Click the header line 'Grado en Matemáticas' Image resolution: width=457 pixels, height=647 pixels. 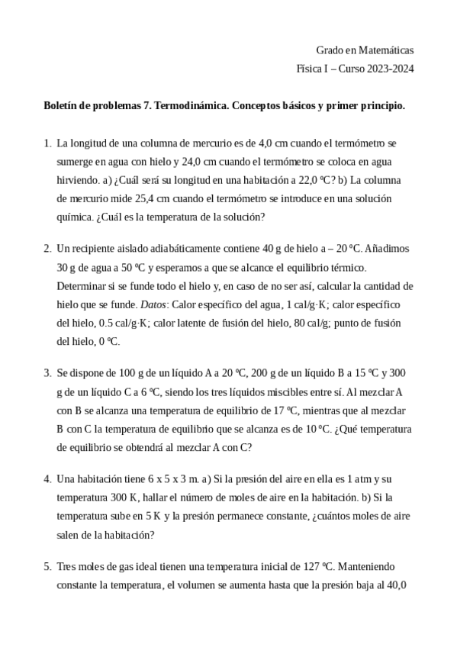[365, 50]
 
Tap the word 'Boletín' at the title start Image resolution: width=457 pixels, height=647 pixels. [61, 106]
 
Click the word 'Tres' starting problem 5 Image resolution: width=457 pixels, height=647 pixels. [67, 567]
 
